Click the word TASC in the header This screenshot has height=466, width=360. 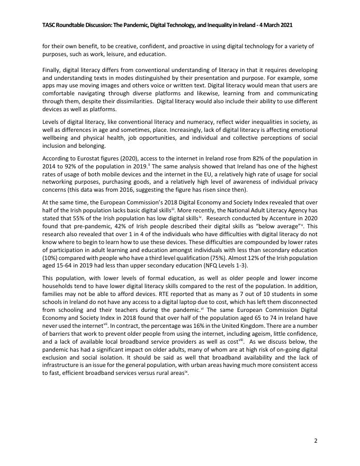49,25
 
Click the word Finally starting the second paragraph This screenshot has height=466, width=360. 52,70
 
